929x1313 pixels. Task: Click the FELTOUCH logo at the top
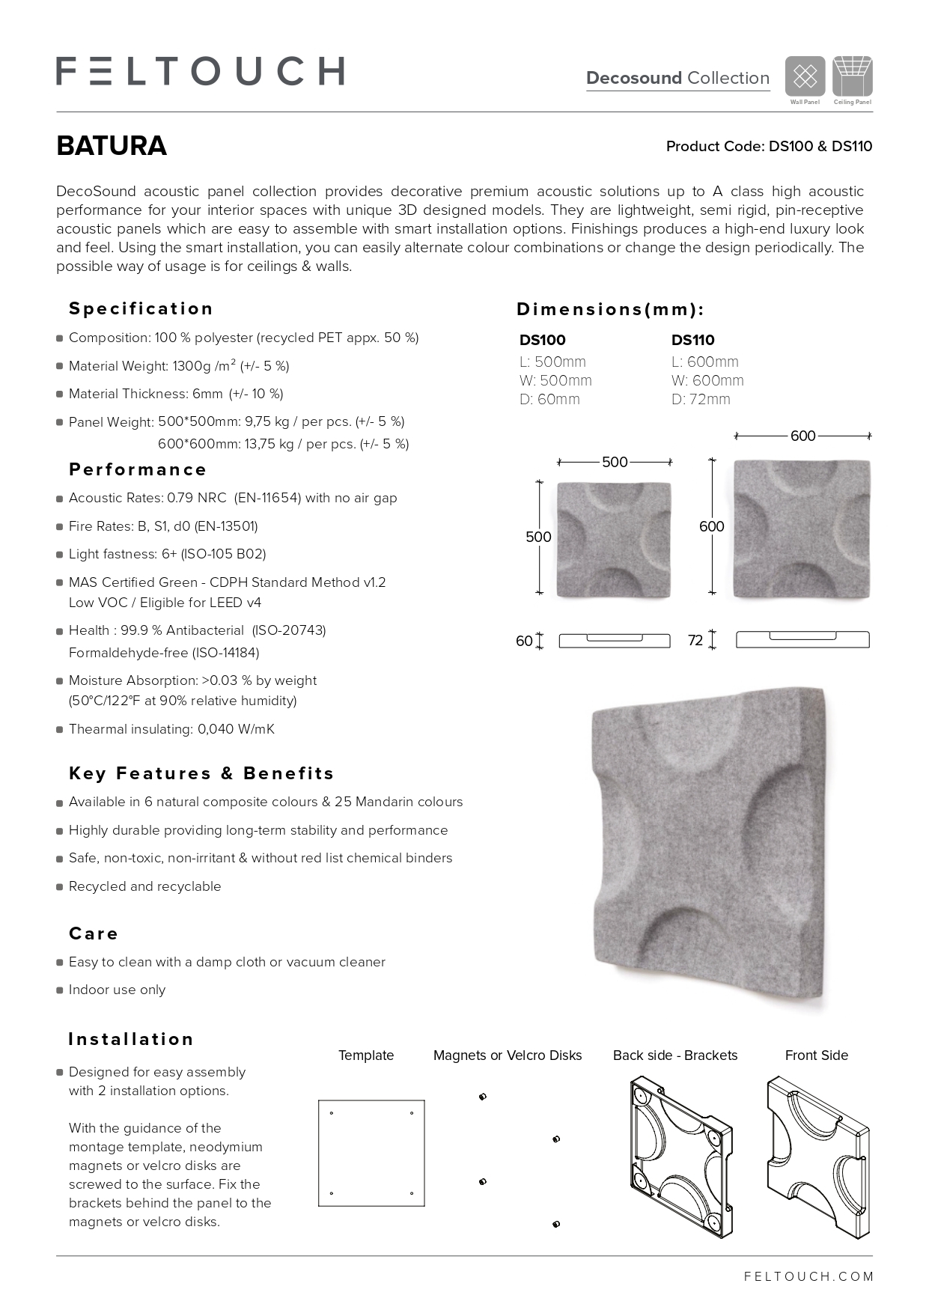[x=200, y=71]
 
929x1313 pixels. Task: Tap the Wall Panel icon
[x=805, y=76]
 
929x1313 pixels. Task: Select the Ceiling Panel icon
[x=853, y=76]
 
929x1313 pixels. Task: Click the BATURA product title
[x=112, y=146]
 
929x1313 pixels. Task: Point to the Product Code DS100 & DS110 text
[x=769, y=147]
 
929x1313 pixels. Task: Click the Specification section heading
[x=141, y=309]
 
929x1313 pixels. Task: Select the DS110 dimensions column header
[x=692, y=340]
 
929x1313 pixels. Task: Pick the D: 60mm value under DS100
[x=549, y=399]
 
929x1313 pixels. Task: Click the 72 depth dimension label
[x=695, y=641]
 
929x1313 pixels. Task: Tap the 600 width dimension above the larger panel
[x=802, y=436]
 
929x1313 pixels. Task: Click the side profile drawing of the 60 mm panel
[x=614, y=640]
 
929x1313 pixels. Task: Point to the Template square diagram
[x=371, y=1153]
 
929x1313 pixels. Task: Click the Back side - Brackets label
[x=674, y=1055]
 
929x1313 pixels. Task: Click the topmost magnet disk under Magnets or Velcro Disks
[x=483, y=1097]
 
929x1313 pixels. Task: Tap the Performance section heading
[x=138, y=470]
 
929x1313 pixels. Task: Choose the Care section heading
[x=94, y=934]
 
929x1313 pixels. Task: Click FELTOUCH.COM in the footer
[x=808, y=1277]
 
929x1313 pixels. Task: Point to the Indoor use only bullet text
[x=117, y=990]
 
